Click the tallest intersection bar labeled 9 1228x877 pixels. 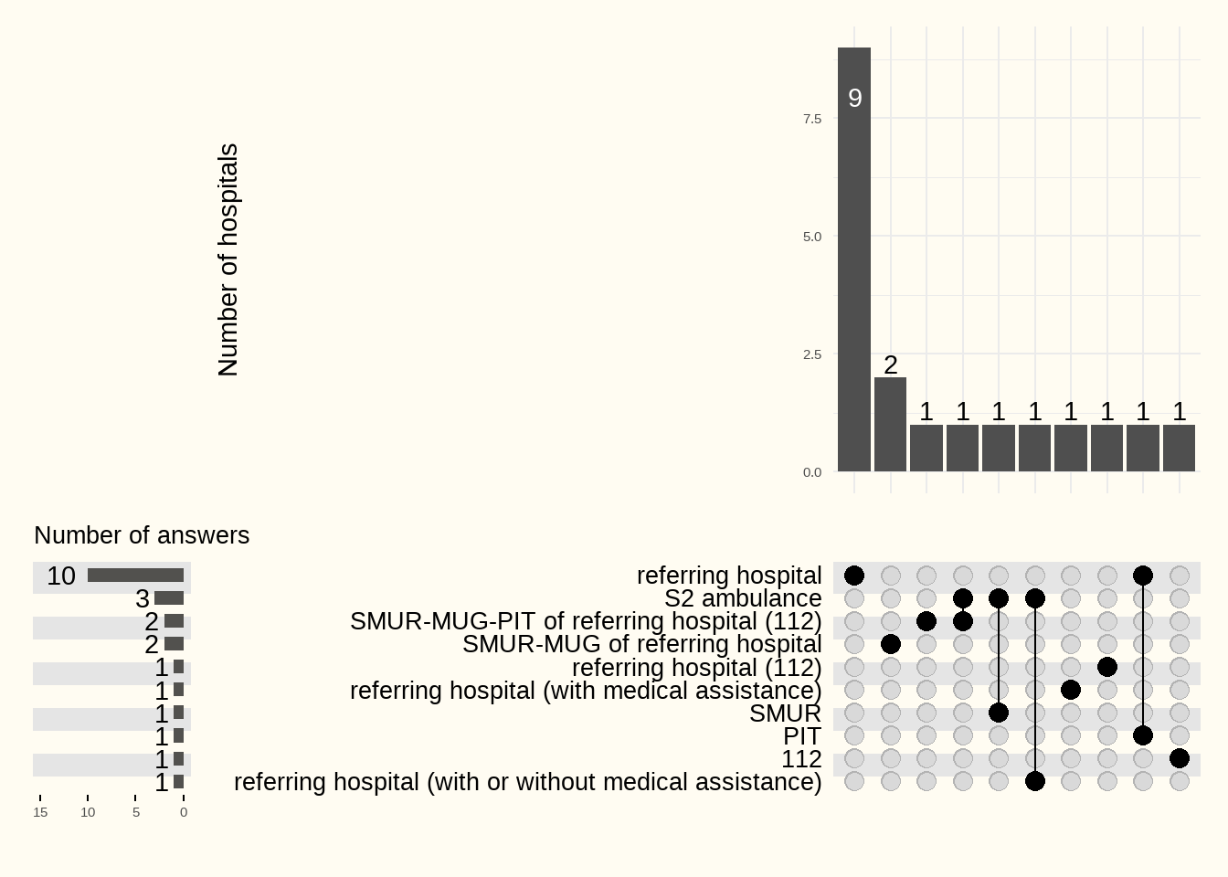click(854, 259)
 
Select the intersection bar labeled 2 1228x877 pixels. click(890, 425)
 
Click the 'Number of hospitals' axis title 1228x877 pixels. click(228, 259)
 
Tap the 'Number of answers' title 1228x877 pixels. click(142, 535)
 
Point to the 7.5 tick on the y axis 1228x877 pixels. click(812, 119)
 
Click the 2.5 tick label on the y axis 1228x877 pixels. click(812, 354)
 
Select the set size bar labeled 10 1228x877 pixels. click(135, 576)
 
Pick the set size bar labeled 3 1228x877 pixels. click(169, 598)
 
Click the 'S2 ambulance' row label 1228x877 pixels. click(743, 598)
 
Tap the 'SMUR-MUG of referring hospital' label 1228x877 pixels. click(641, 644)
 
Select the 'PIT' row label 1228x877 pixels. click(802, 736)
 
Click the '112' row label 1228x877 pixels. click(801, 759)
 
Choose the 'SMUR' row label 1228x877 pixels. click(785, 713)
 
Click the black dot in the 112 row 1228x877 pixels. click(1180, 758)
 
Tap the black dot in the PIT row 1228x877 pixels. click(1143, 735)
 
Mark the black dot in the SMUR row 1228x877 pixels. click(999, 713)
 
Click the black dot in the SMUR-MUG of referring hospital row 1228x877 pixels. click(891, 644)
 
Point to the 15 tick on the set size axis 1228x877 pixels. click(40, 812)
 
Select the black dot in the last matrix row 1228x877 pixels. click(1035, 781)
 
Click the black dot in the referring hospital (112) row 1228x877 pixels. click(1107, 667)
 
